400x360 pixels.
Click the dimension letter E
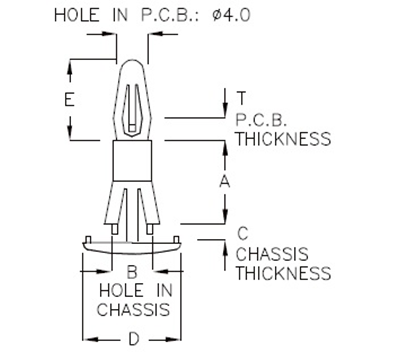coord(67,100)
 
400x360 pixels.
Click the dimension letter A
coord(226,181)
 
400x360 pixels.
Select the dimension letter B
coord(131,271)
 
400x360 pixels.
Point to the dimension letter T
coord(241,98)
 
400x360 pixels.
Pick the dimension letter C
coord(243,234)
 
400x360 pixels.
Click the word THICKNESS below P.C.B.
coord(283,139)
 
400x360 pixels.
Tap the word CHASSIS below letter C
coord(271,254)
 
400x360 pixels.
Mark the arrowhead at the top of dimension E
coord(70,64)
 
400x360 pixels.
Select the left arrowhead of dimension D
coord(84,338)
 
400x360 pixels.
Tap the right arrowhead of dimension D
coord(180,338)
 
